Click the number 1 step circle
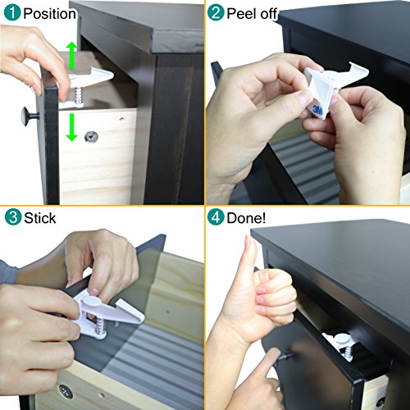pos(12,13)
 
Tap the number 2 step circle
pos(216,12)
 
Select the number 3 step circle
pos(13,217)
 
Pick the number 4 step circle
pos(216,217)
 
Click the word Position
pos(49,14)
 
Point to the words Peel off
pos(252,13)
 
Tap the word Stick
pos(40,218)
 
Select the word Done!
pos(246,218)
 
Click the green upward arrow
pos(71,56)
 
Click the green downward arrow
pos(71,127)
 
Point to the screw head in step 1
pos(92,137)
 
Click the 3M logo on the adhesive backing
pos(317,110)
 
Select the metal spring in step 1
pos(79,95)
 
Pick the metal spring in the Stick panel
pos(101,327)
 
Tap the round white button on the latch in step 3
pos(91,302)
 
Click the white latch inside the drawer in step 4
pos(341,345)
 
